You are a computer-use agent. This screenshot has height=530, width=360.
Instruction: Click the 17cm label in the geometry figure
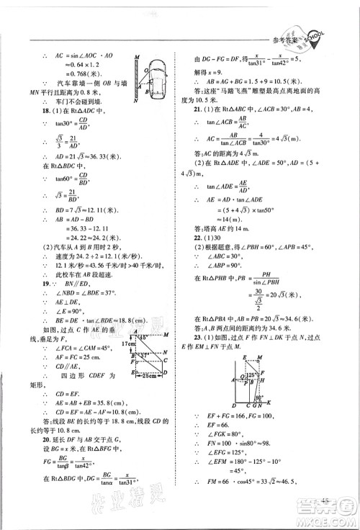tap(109, 343)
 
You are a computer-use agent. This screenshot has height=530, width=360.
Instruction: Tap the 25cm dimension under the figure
tap(130, 377)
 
